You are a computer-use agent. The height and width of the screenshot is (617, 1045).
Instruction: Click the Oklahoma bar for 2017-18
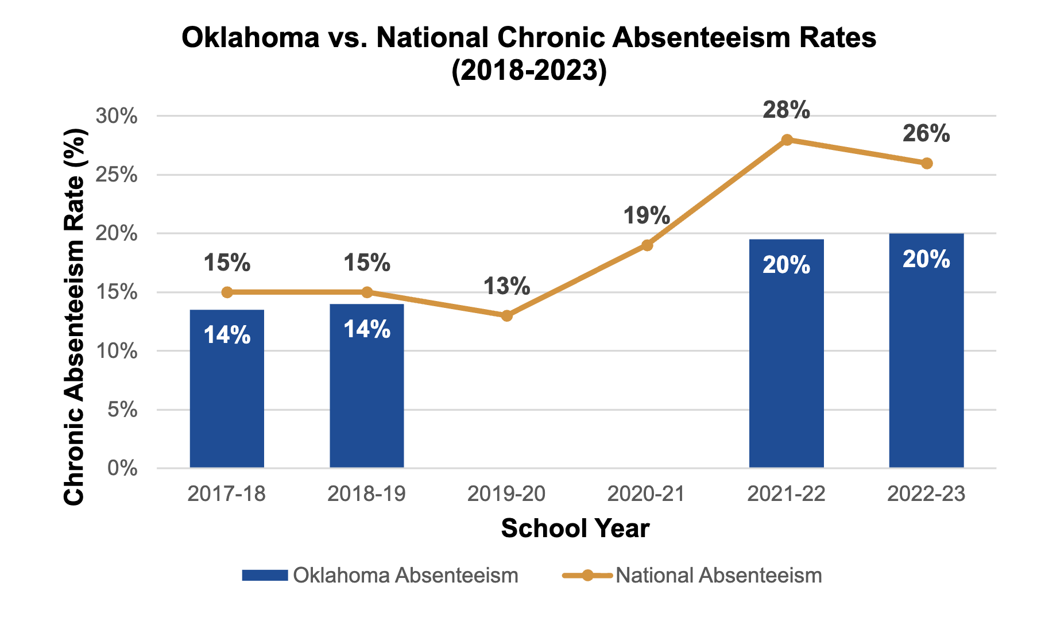tap(227, 388)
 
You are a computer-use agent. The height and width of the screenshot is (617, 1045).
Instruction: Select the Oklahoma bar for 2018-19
tap(367, 385)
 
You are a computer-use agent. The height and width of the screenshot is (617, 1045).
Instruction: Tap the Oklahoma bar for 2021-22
tap(786, 353)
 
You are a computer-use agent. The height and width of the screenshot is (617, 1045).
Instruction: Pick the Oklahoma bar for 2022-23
tap(926, 350)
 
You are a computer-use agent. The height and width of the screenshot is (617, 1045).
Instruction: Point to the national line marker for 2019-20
tap(506, 315)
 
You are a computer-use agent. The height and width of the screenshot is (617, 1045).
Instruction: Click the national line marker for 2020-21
tap(647, 245)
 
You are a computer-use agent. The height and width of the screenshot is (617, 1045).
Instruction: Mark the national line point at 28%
tap(787, 140)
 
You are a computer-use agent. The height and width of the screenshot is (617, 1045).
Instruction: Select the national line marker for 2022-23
tap(927, 163)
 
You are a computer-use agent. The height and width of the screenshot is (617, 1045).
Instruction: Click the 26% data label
tap(926, 134)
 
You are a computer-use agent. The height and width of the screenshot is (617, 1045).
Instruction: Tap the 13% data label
tap(506, 286)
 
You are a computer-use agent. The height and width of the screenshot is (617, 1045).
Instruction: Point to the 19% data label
tap(647, 216)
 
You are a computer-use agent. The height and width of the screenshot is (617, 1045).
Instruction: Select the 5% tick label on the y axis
tap(122, 410)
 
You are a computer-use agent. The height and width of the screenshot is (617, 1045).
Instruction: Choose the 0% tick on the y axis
tap(122, 469)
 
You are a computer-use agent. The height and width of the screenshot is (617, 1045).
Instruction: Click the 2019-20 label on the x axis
tap(506, 494)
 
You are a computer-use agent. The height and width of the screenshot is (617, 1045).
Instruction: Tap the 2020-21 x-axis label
tap(647, 494)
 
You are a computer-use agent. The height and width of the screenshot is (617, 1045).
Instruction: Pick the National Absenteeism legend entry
tap(692, 576)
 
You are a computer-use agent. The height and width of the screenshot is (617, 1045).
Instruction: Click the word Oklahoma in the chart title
tap(250, 38)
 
